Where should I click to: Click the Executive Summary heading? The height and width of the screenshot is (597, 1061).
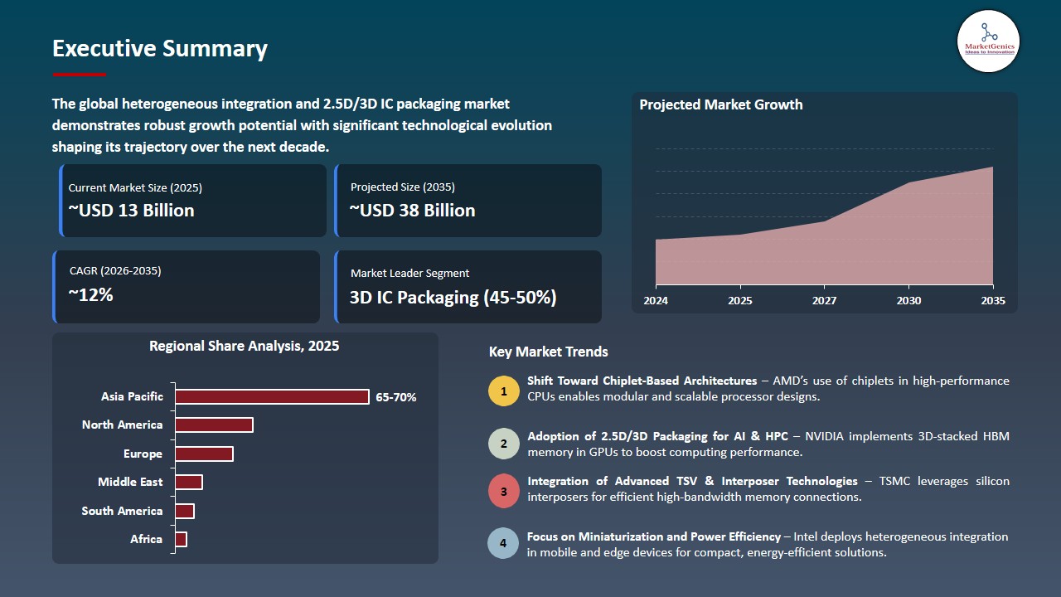[x=159, y=49]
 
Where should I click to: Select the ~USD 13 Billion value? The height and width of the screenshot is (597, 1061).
[x=131, y=211]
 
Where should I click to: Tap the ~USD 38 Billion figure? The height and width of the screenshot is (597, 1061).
[x=412, y=211]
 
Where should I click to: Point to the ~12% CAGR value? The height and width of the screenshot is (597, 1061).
[x=90, y=294]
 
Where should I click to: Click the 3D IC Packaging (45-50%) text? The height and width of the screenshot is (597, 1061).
[x=453, y=297]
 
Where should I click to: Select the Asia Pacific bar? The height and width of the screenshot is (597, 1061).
[x=271, y=397]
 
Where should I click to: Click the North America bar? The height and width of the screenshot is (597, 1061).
[x=213, y=425]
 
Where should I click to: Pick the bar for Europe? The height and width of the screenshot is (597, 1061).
[x=203, y=454]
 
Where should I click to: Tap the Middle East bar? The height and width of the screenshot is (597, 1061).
[x=188, y=483]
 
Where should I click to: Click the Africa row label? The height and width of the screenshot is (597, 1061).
[x=146, y=540]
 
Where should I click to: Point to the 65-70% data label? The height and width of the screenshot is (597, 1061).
[x=396, y=398]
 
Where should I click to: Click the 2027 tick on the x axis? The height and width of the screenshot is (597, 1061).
[x=824, y=301]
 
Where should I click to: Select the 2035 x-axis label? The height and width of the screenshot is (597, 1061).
[x=992, y=301]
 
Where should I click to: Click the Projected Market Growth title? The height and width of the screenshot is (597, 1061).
[x=720, y=105]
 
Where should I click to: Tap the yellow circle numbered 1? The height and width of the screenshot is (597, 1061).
[x=503, y=391]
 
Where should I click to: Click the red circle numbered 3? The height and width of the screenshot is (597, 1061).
[x=503, y=491]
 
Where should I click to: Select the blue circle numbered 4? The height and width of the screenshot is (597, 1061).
[x=503, y=544]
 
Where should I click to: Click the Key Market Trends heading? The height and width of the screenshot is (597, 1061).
[x=548, y=352]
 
